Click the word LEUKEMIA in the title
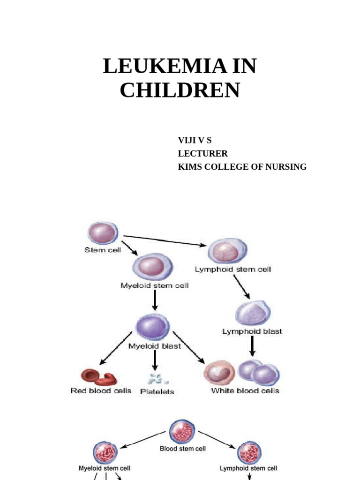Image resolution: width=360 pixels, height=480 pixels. coord(164,67)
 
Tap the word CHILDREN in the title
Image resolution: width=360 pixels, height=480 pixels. coord(180,90)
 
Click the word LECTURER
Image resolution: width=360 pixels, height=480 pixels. coord(203,153)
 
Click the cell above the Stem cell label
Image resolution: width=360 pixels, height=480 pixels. coord(103,233)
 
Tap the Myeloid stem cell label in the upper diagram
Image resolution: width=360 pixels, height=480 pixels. coord(155,285)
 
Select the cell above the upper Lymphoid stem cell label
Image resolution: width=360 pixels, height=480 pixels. coord(227,251)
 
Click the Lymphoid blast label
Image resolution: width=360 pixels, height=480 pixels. coord(252,331)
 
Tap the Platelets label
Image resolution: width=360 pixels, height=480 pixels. coord(157,391)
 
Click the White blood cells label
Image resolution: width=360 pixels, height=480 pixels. coord(245,390)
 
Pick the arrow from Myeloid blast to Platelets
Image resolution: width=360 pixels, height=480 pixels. coord(154,360)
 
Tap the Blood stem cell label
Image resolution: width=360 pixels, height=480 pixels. coord(183,449)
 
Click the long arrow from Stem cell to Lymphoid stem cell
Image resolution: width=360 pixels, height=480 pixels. coord(165,240)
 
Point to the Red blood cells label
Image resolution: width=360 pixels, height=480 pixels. coord(101,390)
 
